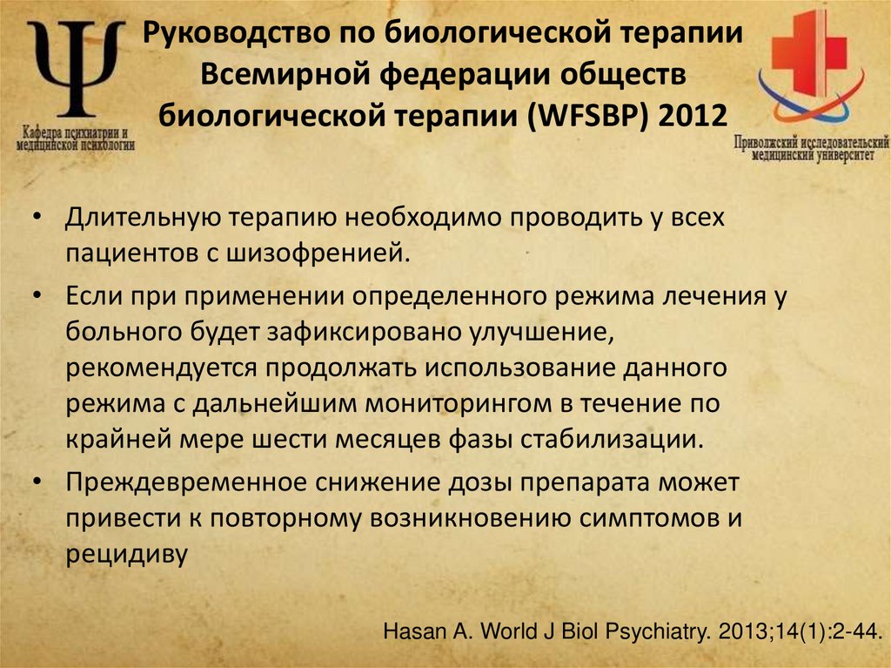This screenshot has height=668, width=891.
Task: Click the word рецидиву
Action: click(125, 553)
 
